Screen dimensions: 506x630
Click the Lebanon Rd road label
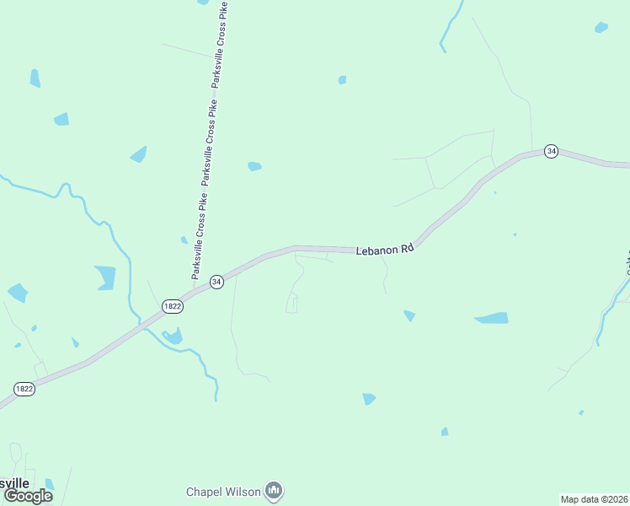385,250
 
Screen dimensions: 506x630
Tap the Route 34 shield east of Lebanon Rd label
551,151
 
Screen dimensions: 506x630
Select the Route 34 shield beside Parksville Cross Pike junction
216,282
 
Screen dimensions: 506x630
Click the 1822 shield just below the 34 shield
172,306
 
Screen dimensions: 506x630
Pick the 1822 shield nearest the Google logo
24,389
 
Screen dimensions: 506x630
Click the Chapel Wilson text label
223,491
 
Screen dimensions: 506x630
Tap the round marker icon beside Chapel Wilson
274,490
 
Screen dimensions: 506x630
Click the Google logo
29,496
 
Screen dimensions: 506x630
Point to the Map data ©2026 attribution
594,498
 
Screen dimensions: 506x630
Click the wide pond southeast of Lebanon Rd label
491,319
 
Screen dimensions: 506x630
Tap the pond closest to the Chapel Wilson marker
368,399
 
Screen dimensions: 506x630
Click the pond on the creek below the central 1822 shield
174,337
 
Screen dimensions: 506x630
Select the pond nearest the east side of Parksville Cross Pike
254,166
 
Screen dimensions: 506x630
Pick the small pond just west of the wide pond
409,315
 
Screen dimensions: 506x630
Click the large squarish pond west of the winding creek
105,277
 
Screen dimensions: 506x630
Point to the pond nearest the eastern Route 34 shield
601,27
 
